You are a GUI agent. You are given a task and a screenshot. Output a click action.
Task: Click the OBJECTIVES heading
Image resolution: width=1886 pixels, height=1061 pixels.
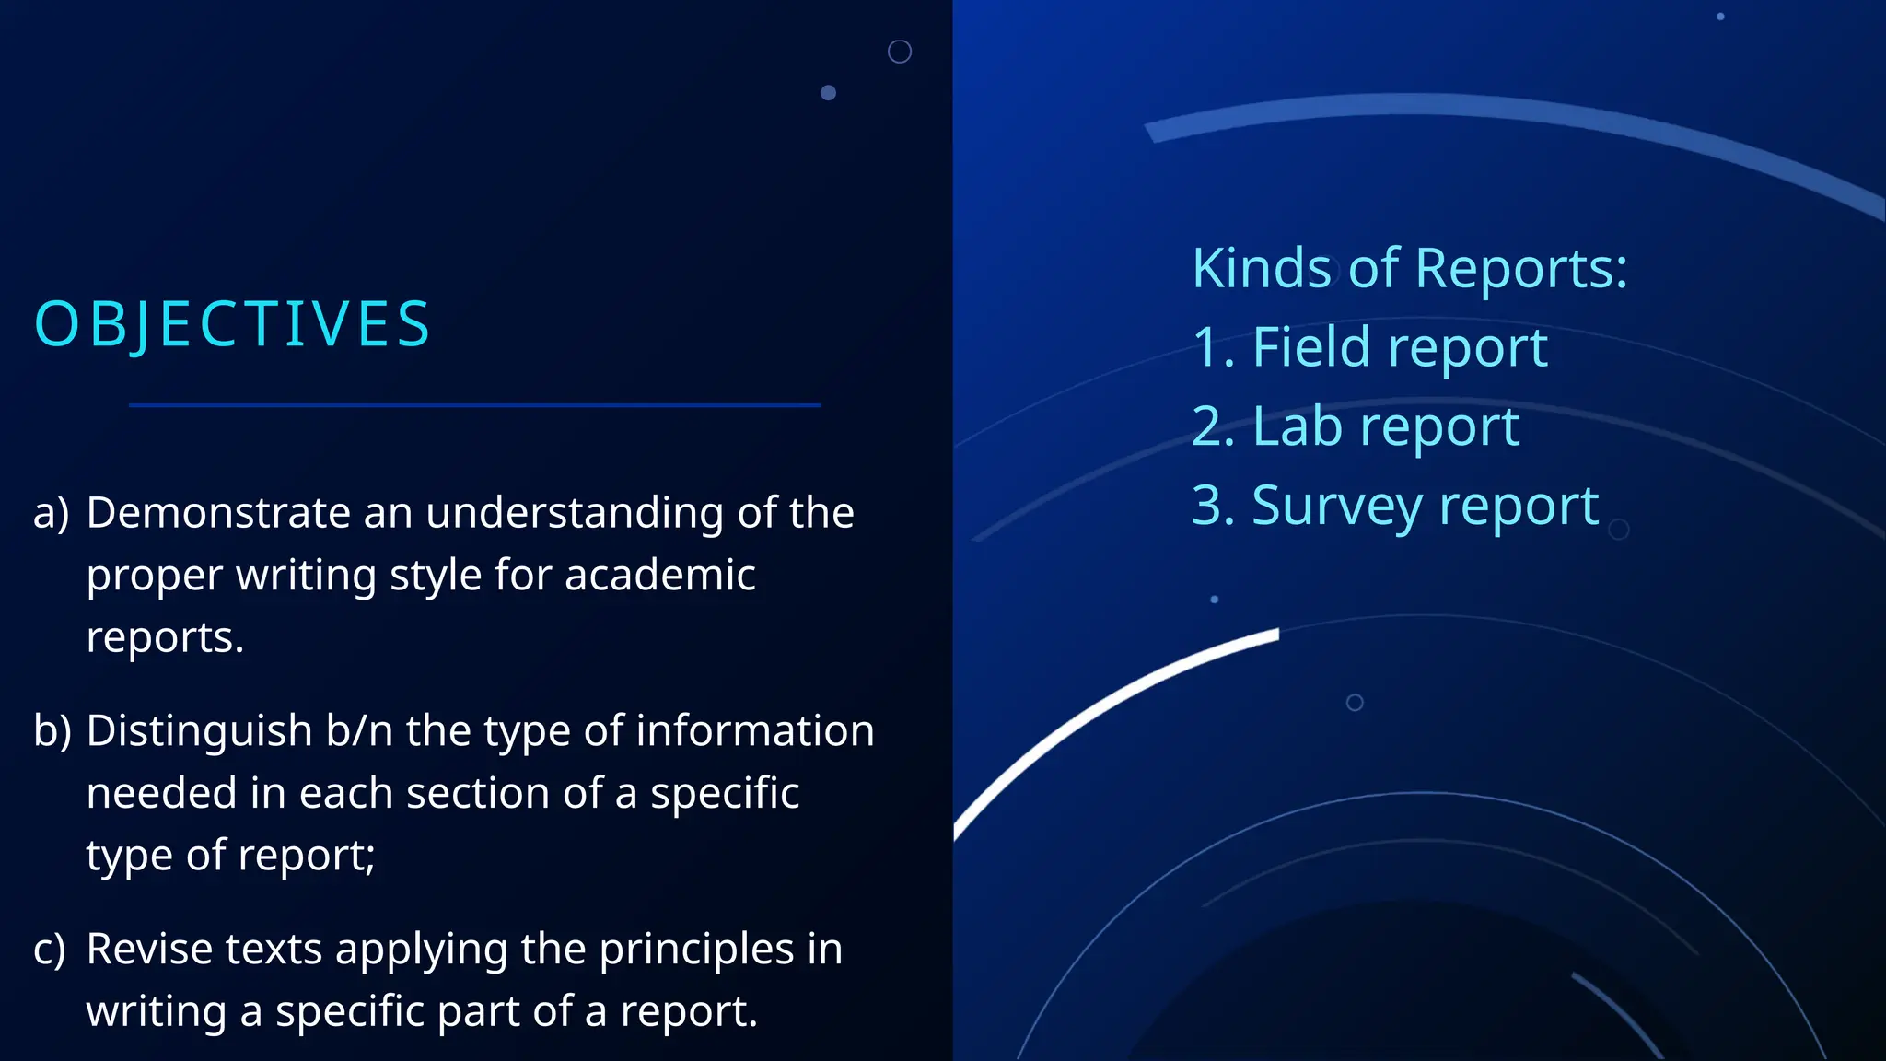coord(232,325)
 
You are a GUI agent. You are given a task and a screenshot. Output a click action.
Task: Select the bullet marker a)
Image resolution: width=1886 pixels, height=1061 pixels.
coord(51,513)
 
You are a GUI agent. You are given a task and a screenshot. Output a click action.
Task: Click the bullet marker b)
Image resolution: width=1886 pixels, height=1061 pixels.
coord(52,731)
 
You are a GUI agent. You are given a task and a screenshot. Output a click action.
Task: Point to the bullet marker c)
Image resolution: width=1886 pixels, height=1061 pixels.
coord(50,950)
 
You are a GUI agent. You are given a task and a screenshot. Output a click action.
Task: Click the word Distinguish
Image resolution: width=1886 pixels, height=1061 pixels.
coord(199,731)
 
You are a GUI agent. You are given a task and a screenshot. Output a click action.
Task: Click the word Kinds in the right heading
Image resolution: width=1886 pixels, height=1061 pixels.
coord(1262,269)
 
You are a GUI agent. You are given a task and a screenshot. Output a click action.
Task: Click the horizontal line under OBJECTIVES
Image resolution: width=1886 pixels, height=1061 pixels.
coord(474,405)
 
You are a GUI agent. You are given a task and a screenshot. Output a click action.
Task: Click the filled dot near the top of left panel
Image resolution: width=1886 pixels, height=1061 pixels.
coord(828,93)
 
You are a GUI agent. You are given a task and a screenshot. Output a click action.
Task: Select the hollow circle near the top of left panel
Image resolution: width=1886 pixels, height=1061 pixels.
coord(900,52)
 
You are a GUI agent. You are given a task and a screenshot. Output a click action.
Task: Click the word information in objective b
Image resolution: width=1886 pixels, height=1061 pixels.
coord(755,731)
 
